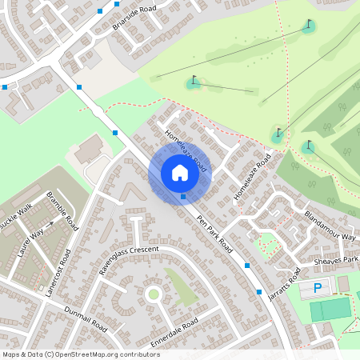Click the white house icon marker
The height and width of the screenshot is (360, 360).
pyautogui.click(x=180, y=173)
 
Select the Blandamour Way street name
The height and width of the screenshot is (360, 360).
pyautogui.click(x=330, y=226)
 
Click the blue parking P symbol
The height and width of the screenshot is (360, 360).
pyautogui.click(x=318, y=287)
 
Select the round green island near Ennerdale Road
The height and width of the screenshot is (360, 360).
pyautogui.click(x=153, y=294)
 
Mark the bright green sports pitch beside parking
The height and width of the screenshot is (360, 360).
pyautogui.click(x=330, y=309)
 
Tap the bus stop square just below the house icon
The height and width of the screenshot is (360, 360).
pyautogui.click(x=183, y=196)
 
